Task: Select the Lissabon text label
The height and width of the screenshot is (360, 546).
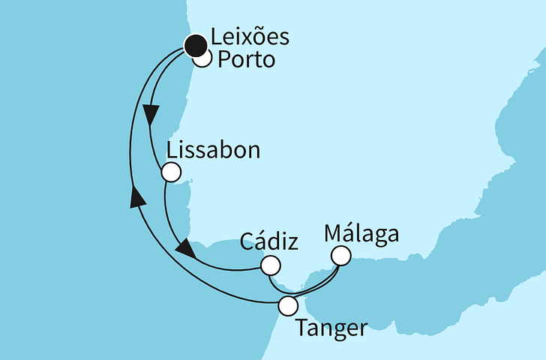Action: (x=213, y=150)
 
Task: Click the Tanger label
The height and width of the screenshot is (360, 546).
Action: (x=332, y=328)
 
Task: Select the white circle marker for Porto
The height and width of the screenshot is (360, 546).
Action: (x=203, y=59)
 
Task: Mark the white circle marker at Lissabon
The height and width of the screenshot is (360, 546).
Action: (x=171, y=173)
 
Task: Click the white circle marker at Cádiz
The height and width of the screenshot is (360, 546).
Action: (x=270, y=265)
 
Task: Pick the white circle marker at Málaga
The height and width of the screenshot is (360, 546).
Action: (x=341, y=256)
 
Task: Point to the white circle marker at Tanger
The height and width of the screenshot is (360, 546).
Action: (x=288, y=305)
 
